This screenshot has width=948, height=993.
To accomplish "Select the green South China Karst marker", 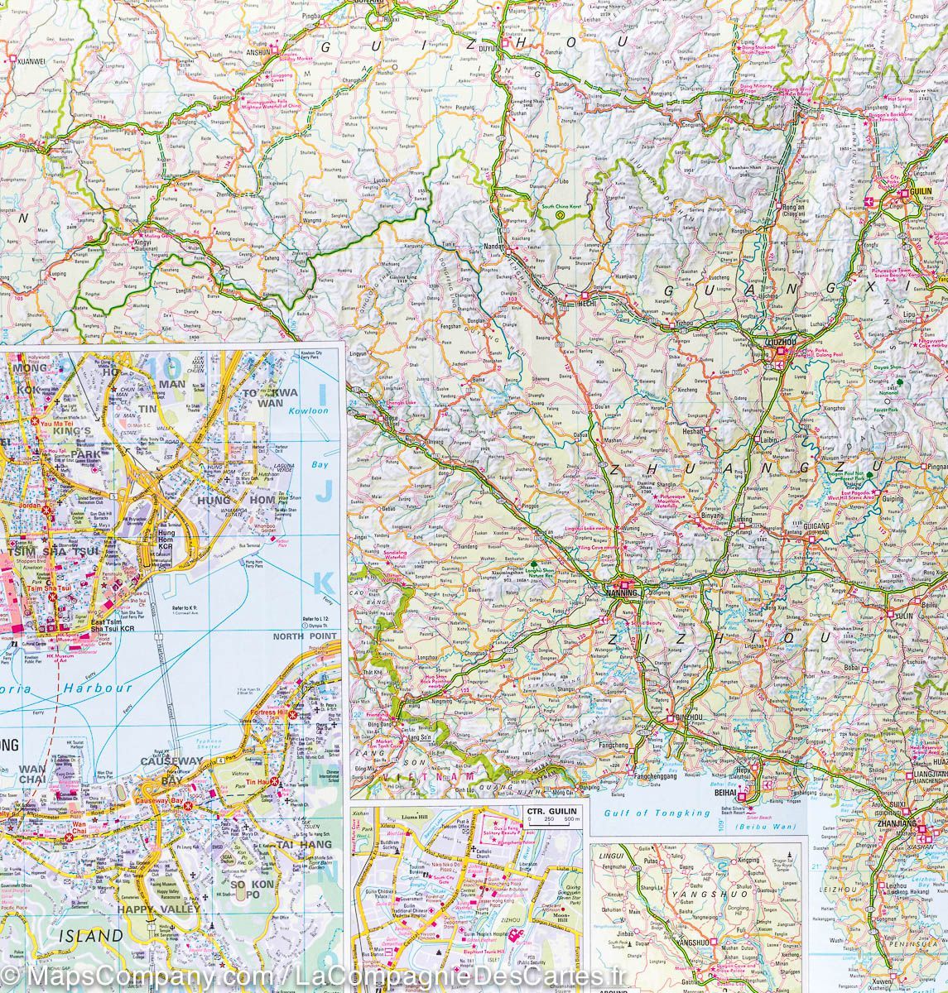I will pyautogui.click(x=560, y=213).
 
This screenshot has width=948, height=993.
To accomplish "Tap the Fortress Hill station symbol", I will pyautogui.click(x=291, y=713).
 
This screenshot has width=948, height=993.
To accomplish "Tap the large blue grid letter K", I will pyautogui.click(x=324, y=585).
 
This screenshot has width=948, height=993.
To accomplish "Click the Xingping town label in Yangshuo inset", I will pyautogui.click(x=747, y=861).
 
